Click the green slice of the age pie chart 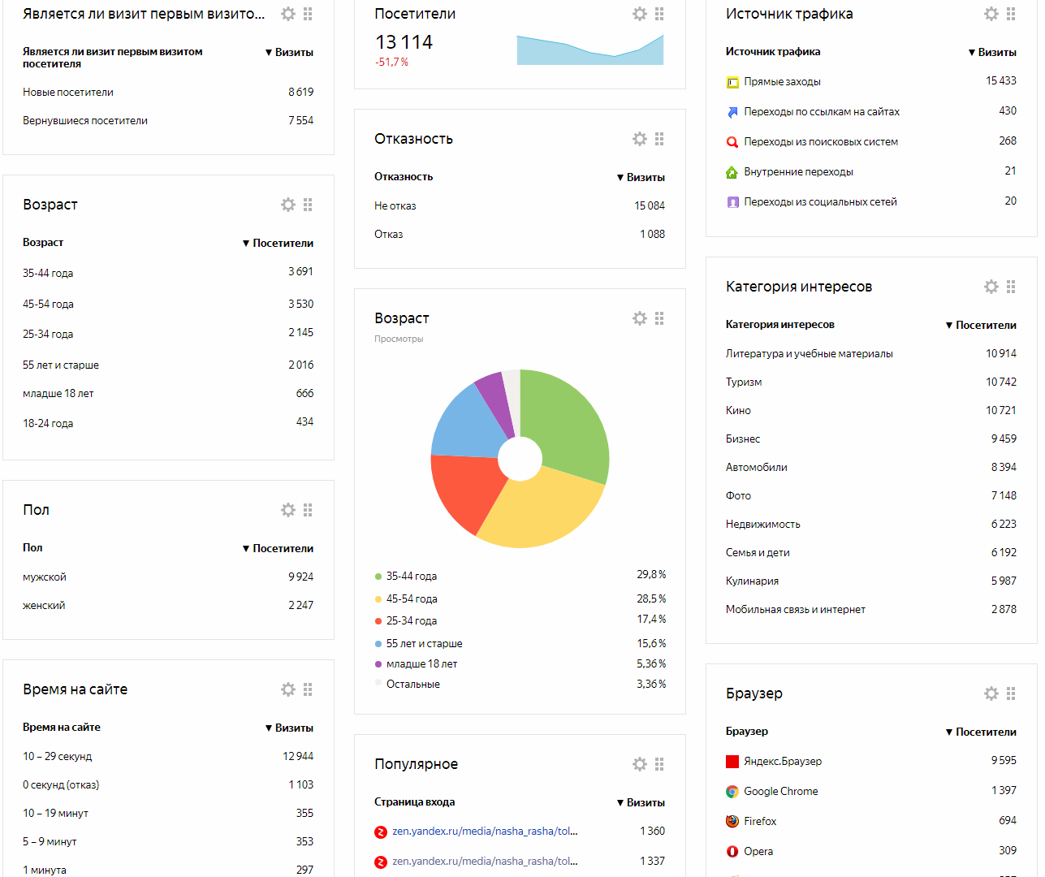pos(568,422)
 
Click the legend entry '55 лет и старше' pos(424,643)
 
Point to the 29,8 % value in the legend pos(651,575)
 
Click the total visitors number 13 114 pos(404,42)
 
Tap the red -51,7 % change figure pos(391,63)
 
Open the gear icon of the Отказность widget pos(640,139)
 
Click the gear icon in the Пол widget pos(288,510)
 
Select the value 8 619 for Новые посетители pos(300,92)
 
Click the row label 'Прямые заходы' pos(782,82)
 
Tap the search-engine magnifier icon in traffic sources pos(732,142)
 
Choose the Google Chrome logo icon pos(732,792)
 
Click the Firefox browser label pos(760,822)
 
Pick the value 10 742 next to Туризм pos(1000,382)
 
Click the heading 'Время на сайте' pos(75,689)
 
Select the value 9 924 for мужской pos(300,577)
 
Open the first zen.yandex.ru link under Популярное pos(485,832)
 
